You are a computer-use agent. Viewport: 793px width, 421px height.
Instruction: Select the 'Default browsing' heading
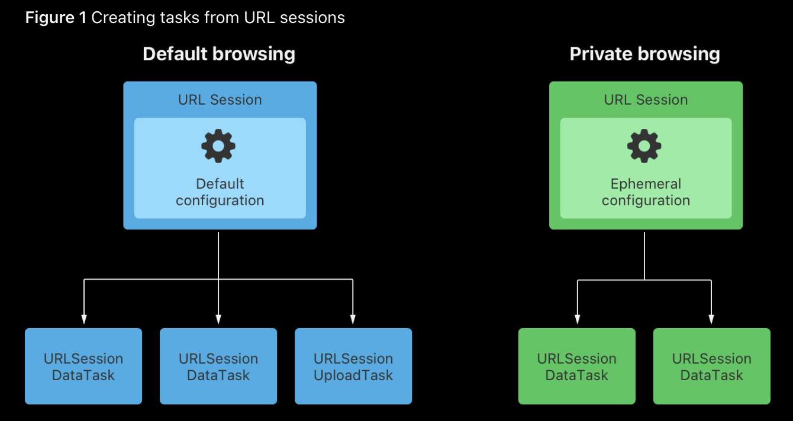tap(218, 54)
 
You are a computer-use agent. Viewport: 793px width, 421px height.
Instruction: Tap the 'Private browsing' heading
tap(644, 54)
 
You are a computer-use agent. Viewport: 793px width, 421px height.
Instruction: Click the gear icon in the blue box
tap(218, 146)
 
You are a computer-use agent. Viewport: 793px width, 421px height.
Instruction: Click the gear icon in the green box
tap(644, 146)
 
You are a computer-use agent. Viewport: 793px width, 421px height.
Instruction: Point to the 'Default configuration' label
tap(220, 192)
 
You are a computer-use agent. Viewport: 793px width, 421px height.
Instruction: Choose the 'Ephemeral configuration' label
tap(646, 192)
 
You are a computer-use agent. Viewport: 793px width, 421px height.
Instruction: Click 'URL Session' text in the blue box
tap(220, 100)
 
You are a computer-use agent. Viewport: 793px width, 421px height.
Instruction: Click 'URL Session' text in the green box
tap(646, 100)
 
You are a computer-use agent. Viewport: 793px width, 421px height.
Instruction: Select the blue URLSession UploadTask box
tap(353, 367)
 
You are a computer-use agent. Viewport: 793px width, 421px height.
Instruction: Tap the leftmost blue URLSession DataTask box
tap(83, 367)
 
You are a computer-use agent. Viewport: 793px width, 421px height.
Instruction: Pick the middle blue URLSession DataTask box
tap(218, 367)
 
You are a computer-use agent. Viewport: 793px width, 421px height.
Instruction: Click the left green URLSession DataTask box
tap(577, 367)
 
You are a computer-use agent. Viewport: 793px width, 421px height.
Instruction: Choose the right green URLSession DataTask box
tap(712, 367)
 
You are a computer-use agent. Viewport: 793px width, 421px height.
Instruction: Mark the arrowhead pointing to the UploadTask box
tap(353, 319)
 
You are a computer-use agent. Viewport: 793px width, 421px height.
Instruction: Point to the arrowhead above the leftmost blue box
tap(84, 319)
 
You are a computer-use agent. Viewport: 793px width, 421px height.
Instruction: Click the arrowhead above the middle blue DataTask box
tap(218, 319)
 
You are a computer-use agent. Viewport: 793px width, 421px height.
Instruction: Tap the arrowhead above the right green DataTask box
tap(711, 319)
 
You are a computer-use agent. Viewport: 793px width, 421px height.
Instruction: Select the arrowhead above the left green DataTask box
tap(577, 319)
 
